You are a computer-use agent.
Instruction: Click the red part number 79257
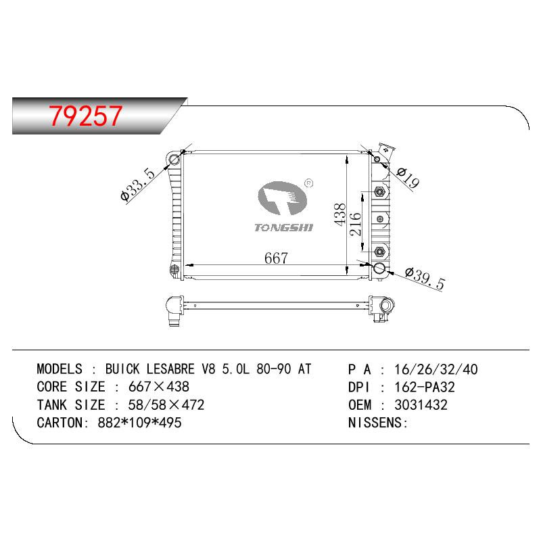click(x=86, y=116)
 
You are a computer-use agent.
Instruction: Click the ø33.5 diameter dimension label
click(x=137, y=184)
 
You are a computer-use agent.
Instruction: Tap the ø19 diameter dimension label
click(x=408, y=178)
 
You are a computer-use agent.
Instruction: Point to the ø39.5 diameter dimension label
click(x=425, y=279)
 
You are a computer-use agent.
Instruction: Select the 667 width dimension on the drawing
click(x=276, y=258)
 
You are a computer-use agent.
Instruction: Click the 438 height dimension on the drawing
click(x=340, y=214)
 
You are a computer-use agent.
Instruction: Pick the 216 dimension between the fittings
click(x=355, y=225)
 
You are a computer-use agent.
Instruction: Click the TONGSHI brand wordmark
click(x=283, y=228)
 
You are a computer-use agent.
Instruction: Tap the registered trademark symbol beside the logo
click(x=309, y=183)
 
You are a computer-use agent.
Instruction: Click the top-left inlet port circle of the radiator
click(x=174, y=160)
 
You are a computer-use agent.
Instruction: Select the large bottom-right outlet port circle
click(x=379, y=268)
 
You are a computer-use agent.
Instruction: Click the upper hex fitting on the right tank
click(x=379, y=191)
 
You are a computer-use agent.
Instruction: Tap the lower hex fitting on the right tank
click(x=379, y=252)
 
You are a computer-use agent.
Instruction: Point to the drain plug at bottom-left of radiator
click(x=174, y=269)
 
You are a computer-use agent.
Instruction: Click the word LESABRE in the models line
click(x=170, y=369)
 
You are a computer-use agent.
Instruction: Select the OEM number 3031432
click(x=421, y=405)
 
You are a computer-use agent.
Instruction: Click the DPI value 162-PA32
click(x=425, y=387)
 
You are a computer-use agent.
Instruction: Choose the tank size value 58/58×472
click(x=166, y=405)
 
